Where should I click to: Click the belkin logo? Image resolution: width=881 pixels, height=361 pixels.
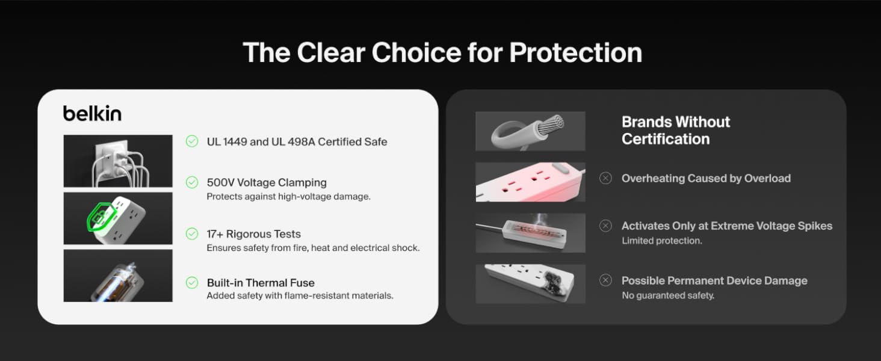point(93,113)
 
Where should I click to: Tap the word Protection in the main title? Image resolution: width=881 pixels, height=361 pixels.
point(576,53)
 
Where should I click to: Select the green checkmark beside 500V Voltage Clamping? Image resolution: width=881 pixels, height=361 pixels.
point(192,182)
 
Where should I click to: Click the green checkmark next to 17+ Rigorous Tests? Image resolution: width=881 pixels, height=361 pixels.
point(192,234)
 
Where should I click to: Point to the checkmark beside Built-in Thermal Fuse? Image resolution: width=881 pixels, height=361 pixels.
point(192,283)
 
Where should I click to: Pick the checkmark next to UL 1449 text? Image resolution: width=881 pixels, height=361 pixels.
point(192,141)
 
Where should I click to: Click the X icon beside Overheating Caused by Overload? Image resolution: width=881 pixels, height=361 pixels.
point(605,178)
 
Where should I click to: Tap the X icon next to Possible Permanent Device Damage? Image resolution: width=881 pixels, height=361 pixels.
point(605,280)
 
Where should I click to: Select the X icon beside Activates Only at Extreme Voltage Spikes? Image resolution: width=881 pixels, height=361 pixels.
point(605,226)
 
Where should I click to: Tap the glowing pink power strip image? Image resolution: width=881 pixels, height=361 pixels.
point(530,182)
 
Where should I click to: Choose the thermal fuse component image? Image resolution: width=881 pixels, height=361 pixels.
point(118,276)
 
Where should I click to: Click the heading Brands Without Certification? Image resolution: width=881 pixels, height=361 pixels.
point(676,131)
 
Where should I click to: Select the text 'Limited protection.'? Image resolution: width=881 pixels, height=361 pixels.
point(661,241)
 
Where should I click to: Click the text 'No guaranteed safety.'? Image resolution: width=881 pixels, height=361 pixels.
point(668,295)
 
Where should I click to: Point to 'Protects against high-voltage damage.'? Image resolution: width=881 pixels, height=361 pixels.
point(289,197)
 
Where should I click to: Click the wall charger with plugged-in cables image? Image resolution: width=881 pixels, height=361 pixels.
point(118,161)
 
